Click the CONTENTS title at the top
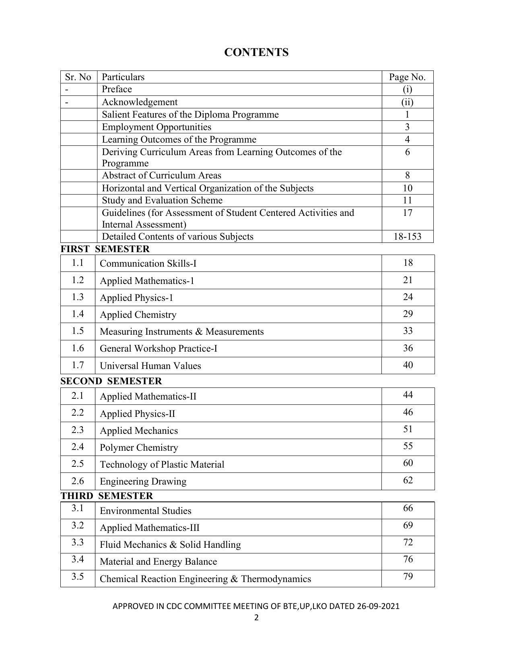tap(256, 52)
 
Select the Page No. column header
tap(407, 77)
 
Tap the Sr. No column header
tap(78, 77)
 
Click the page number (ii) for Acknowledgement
tap(407, 102)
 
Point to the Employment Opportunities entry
tap(156, 127)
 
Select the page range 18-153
tap(407, 236)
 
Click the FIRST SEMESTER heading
tap(105, 249)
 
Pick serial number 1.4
tap(78, 314)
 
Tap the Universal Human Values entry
tap(150, 366)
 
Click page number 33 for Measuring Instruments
tap(408, 331)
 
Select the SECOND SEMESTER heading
tap(111, 381)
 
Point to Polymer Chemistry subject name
tap(138, 447)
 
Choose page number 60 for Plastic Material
tap(408, 463)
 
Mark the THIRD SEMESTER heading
tap(107, 496)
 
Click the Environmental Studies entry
tap(145, 511)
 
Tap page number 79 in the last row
tap(408, 576)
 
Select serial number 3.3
tap(78, 543)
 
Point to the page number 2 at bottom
tap(256, 618)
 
